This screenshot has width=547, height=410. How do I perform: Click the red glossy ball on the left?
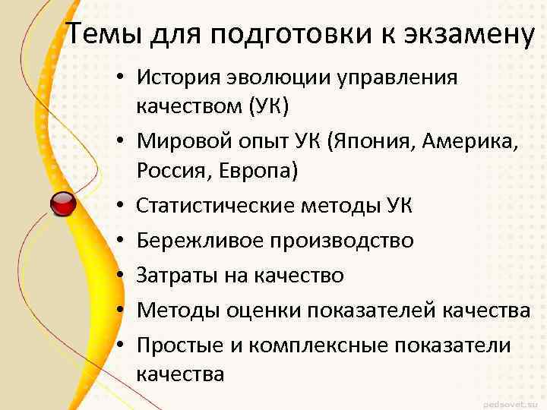click(63, 203)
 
